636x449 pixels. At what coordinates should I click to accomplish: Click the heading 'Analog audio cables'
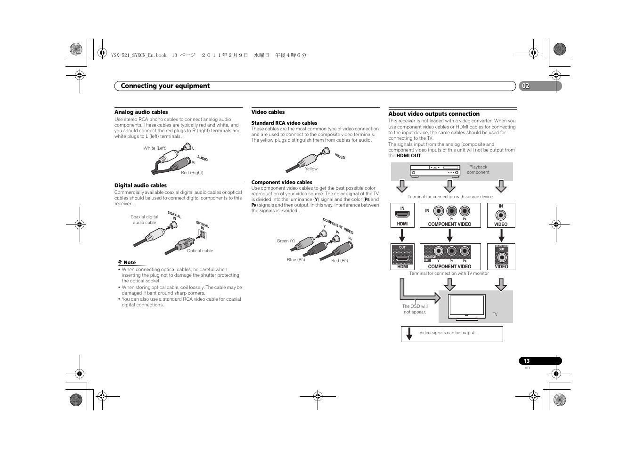[141, 112]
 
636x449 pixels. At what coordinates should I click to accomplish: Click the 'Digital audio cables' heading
[140, 185]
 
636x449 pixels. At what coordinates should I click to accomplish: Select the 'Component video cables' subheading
[282, 182]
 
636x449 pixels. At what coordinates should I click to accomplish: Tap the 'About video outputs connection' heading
[434, 114]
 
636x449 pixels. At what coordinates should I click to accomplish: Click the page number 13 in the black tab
[527, 361]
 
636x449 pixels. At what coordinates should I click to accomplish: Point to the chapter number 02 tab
[525, 86]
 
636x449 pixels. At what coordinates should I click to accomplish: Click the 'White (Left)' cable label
[155, 148]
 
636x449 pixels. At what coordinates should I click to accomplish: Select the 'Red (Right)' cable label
[192, 173]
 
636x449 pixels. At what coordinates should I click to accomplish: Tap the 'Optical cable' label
[200, 251]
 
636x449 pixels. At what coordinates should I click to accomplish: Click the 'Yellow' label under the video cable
[311, 169]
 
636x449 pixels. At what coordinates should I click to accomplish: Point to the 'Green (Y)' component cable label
[286, 241]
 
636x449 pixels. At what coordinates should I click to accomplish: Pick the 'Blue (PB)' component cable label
[296, 260]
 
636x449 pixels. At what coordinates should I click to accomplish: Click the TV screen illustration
[467, 305]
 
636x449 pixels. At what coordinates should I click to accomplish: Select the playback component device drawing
[434, 171]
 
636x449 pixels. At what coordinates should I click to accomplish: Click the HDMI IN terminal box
[402, 216]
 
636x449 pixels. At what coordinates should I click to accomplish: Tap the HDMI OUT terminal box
[402, 257]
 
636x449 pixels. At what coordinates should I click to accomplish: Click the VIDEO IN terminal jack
[501, 216]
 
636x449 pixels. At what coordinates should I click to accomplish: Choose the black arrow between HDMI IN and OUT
[402, 235]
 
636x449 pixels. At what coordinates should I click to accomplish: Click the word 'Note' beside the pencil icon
[130, 263]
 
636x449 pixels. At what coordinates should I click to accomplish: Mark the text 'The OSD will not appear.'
[415, 309]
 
